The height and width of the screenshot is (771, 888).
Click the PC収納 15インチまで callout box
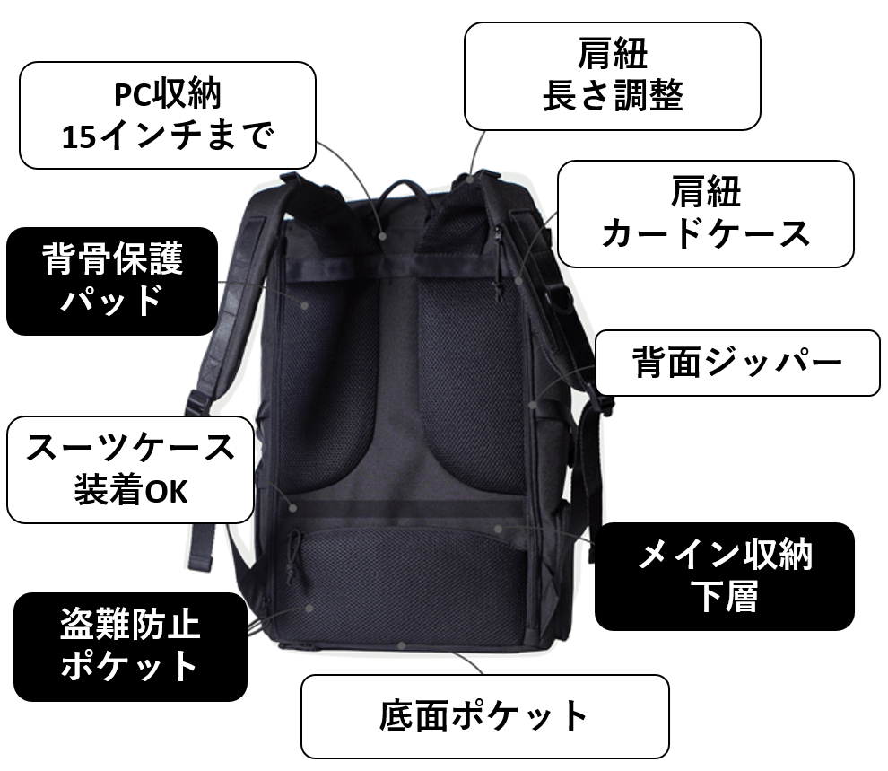(168, 116)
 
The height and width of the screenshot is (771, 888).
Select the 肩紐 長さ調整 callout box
(613, 76)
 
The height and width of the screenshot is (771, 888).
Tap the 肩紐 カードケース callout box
(706, 215)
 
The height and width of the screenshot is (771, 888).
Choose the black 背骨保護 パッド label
(112, 281)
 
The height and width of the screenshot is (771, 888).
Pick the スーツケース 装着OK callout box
(130, 469)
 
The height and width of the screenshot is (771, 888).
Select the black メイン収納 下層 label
(725, 576)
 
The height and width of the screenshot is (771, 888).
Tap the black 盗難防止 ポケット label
(130, 647)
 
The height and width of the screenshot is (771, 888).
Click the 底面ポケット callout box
(484, 716)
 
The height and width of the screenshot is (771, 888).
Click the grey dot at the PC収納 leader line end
(383, 236)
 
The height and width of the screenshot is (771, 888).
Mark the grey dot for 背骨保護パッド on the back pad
(305, 305)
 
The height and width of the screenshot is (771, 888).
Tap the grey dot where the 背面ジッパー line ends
(532, 405)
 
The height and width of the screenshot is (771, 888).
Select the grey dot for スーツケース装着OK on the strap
(292, 508)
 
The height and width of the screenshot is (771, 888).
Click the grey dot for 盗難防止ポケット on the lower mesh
(309, 609)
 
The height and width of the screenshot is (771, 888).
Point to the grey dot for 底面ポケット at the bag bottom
(401, 645)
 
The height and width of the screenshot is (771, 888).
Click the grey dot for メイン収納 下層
(498, 529)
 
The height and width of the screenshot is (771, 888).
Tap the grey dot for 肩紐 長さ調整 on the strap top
(469, 180)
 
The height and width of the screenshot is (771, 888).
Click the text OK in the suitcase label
(166, 492)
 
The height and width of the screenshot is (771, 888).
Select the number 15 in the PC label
(78, 137)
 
